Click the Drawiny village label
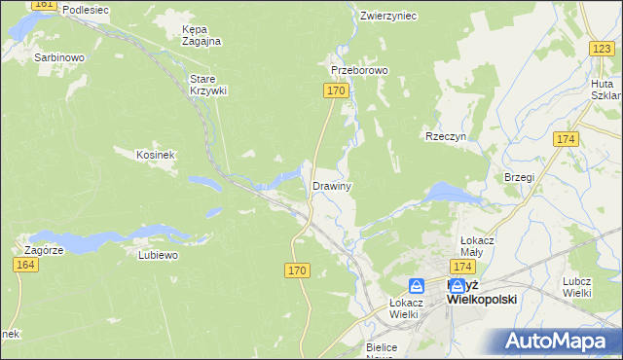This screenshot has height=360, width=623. (x=331, y=186)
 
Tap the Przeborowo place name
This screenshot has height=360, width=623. (x=359, y=71)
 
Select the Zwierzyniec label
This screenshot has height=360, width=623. (x=387, y=17)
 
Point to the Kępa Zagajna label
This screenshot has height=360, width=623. (x=202, y=35)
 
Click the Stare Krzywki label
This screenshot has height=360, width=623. (x=207, y=85)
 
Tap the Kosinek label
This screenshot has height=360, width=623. (x=155, y=155)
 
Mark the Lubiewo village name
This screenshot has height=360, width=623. (x=158, y=256)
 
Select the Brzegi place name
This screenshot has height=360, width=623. (x=519, y=177)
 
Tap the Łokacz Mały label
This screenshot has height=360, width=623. (x=479, y=245)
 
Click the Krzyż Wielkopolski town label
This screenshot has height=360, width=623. (x=480, y=292)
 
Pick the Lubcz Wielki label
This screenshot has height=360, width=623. (x=577, y=287)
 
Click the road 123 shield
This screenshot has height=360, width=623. (x=601, y=49)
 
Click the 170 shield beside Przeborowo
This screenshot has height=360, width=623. (x=335, y=90)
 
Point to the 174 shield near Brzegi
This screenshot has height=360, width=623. (x=566, y=140)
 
